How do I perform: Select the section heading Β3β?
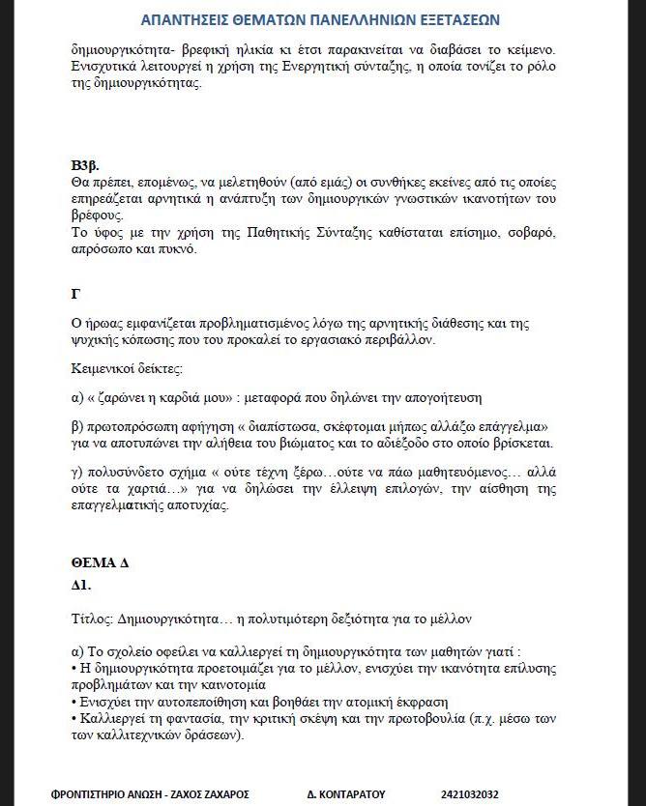pos(86,162)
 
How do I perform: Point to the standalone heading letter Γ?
pos(75,293)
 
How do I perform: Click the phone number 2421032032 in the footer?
pos(469,794)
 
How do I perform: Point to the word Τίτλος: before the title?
pos(95,618)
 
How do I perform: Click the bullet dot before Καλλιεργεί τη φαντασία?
pos(74,718)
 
